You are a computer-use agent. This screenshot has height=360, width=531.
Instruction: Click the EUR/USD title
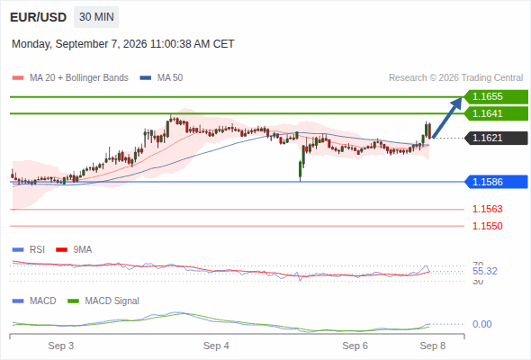[39, 17]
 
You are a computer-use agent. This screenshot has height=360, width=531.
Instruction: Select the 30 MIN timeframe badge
[96, 17]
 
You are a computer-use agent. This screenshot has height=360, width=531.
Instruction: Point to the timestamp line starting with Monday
[123, 44]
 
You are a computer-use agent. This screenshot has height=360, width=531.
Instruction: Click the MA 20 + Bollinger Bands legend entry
[70, 78]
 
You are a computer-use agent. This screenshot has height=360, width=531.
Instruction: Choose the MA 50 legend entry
[161, 78]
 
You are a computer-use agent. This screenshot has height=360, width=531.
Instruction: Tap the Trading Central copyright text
[455, 78]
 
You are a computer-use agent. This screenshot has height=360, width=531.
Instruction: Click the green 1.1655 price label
[496, 97]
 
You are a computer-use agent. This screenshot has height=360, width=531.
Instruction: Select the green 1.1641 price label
[496, 113]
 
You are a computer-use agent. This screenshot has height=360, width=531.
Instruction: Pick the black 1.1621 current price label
[496, 139]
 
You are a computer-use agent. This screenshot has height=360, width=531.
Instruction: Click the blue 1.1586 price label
[496, 182]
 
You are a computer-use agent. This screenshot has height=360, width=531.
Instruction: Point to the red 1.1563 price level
[487, 209]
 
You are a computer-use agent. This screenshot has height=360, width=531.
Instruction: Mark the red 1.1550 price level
[487, 226]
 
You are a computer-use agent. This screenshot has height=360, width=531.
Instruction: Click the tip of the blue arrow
[462, 97]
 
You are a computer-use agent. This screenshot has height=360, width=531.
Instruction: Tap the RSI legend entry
[29, 249]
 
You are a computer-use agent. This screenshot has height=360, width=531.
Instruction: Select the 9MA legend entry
[74, 249]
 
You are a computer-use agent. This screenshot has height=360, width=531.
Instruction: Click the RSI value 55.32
[485, 271]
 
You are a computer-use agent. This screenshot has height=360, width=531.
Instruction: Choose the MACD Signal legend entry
[103, 301]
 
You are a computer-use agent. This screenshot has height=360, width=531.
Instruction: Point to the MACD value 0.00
[481, 324]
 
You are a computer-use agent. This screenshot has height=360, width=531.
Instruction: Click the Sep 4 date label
[216, 346]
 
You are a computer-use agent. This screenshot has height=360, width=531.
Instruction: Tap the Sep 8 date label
[433, 346]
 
